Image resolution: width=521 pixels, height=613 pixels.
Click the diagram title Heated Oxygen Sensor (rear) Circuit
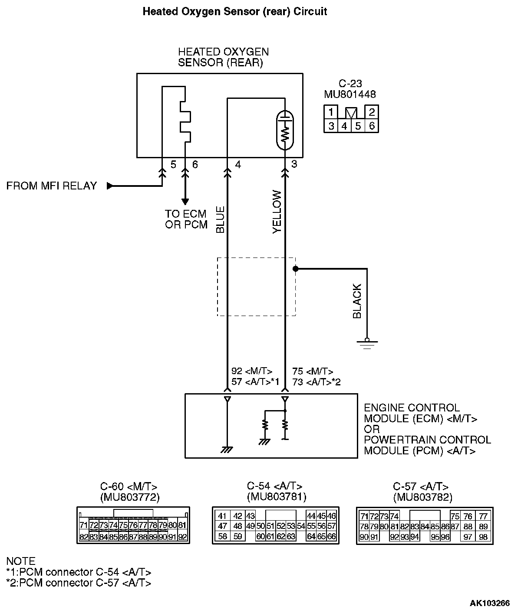pos(234,12)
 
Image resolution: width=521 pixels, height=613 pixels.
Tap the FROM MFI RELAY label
pos(52,186)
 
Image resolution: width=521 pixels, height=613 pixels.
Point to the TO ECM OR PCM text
pos(186,219)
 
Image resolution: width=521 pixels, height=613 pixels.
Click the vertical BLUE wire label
pos(221,220)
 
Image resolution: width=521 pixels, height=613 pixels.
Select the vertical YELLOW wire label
pos(277,212)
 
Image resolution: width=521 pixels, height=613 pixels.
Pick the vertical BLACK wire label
pos(357,301)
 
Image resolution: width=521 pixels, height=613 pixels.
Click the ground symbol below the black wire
pos(367,343)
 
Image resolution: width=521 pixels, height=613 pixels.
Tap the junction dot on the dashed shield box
pos(295,269)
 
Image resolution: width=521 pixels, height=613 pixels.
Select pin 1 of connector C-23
pos(331,112)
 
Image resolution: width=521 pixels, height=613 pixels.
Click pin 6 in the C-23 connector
pos(372,126)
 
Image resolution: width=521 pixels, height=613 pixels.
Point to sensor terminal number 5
pos(173,165)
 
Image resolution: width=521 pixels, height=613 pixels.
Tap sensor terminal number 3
pos(294,165)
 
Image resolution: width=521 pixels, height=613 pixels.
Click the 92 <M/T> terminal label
pos(252,371)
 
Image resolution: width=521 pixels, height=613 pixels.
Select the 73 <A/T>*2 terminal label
pos(317,381)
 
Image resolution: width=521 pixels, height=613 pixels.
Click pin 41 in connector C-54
pos(222,516)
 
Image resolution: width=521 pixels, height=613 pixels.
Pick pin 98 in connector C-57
pos(483,537)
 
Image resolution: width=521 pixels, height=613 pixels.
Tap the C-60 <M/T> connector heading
pos(129,486)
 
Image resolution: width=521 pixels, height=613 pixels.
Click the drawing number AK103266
pos(490,603)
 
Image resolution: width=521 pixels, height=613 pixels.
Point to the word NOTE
pos(21,561)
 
